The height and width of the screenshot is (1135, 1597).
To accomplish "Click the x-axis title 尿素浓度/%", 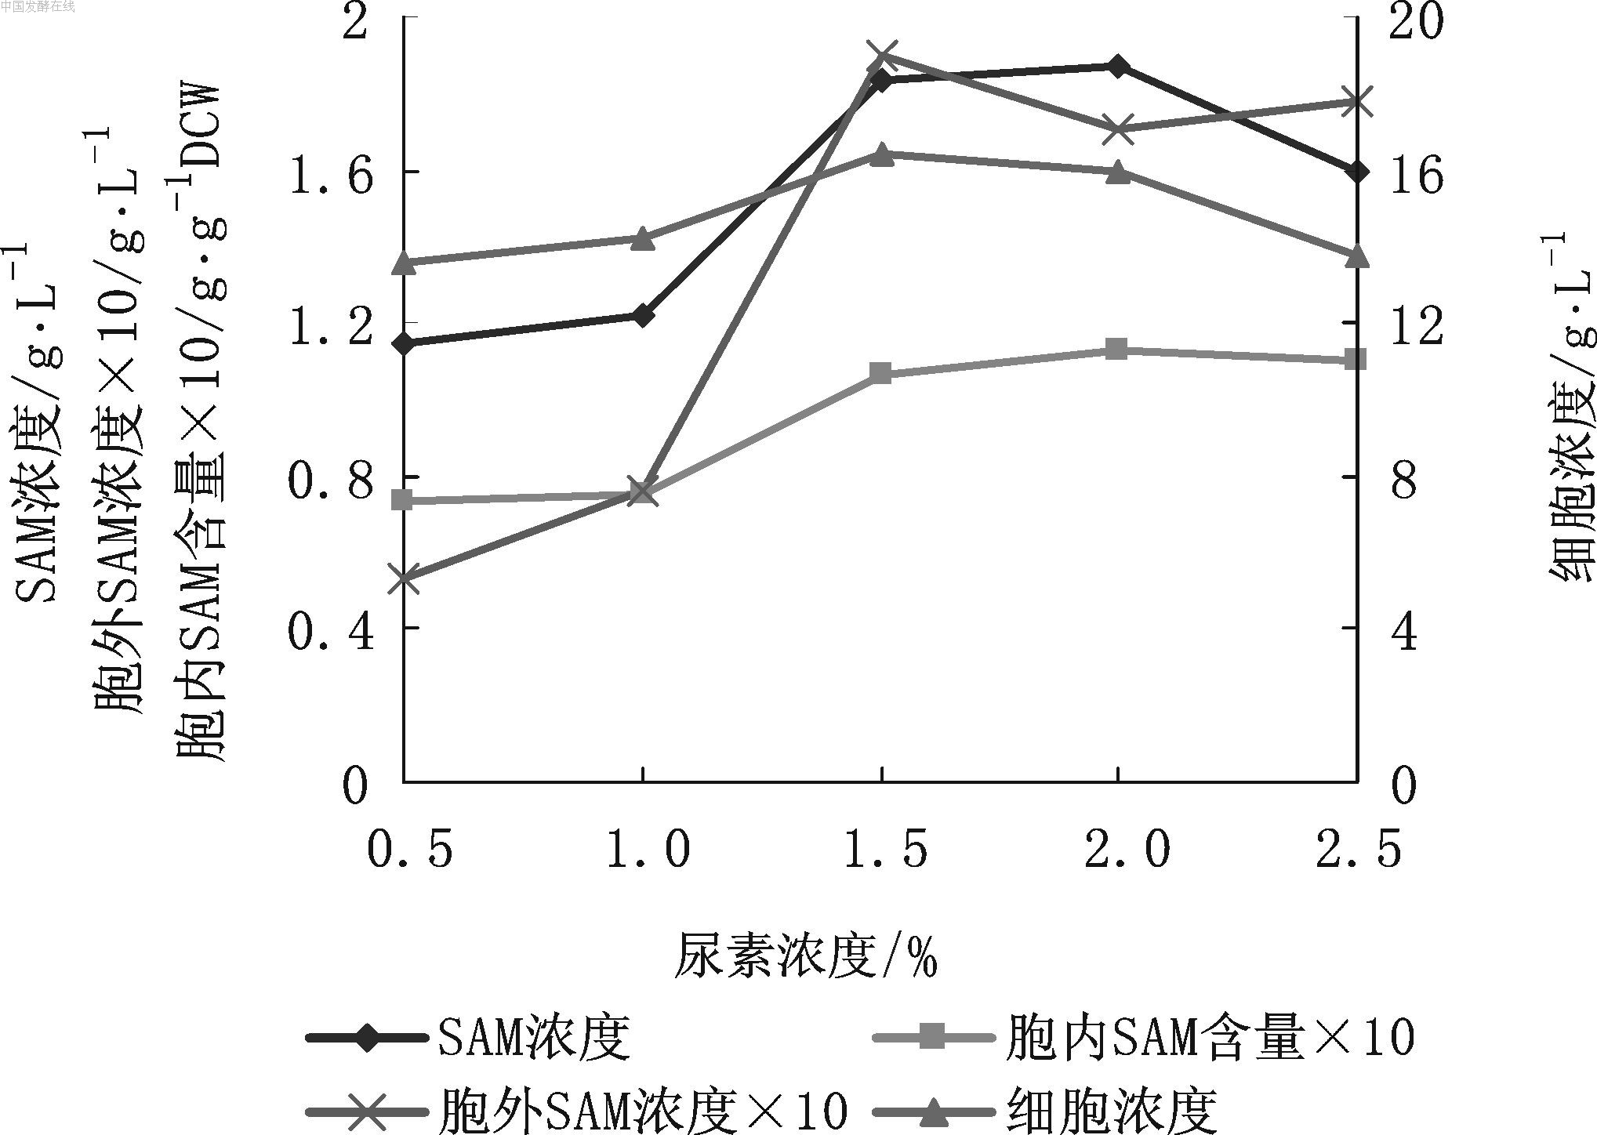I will point(806,954).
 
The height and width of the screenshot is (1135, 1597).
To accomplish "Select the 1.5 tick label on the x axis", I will point(884,849).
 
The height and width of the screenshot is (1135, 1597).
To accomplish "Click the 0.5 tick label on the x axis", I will point(409,849).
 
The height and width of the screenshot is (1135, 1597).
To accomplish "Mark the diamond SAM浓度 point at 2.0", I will point(1117,66).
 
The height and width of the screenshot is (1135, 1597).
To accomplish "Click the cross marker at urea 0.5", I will point(404,578).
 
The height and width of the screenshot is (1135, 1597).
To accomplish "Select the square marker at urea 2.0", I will point(1117,350).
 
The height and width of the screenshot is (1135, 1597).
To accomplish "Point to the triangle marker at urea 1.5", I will point(882,154).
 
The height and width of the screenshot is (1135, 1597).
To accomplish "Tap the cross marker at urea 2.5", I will point(1356,102).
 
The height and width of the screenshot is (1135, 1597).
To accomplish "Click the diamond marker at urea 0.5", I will point(404,343).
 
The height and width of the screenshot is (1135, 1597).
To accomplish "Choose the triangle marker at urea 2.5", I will point(1356,256).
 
